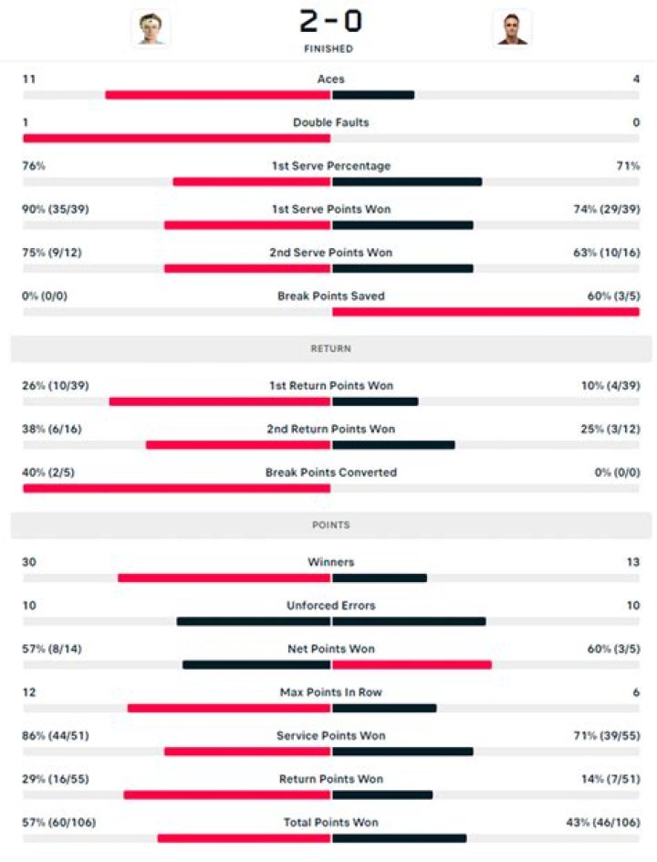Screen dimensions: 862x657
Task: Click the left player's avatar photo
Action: [x=150, y=27]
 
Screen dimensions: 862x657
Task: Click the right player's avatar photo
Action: [x=511, y=27]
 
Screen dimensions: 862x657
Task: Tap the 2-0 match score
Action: [x=329, y=20]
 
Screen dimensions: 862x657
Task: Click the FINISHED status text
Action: [x=329, y=49]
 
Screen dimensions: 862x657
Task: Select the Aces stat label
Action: [x=330, y=79]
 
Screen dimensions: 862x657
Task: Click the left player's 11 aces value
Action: [x=28, y=79]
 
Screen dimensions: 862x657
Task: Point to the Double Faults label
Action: [x=330, y=122]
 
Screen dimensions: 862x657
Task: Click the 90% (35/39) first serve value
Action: [x=56, y=209]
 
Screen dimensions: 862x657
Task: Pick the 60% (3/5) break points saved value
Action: [x=613, y=296]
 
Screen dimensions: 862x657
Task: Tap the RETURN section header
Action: [x=330, y=348]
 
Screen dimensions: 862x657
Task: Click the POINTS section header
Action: [x=330, y=525]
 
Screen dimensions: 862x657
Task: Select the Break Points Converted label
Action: [x=330, y=473]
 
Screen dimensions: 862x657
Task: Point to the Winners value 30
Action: [x=29, y=562]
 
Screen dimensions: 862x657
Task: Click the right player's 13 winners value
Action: [x=633, y=562]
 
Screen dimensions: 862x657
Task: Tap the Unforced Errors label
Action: [x=330, y=606]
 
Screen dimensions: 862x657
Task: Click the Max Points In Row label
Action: [x=330, y=692]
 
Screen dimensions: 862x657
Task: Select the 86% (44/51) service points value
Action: [x=56, y=735]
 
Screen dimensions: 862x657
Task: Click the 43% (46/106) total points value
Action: [x=603, y=822]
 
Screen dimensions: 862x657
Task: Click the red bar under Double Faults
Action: [x=176, y=139]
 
